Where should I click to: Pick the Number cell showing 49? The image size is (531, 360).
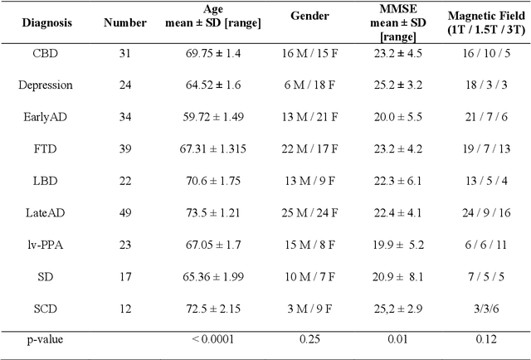(x=125, y=213)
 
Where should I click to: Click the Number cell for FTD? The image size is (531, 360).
(x=125, y=149)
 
